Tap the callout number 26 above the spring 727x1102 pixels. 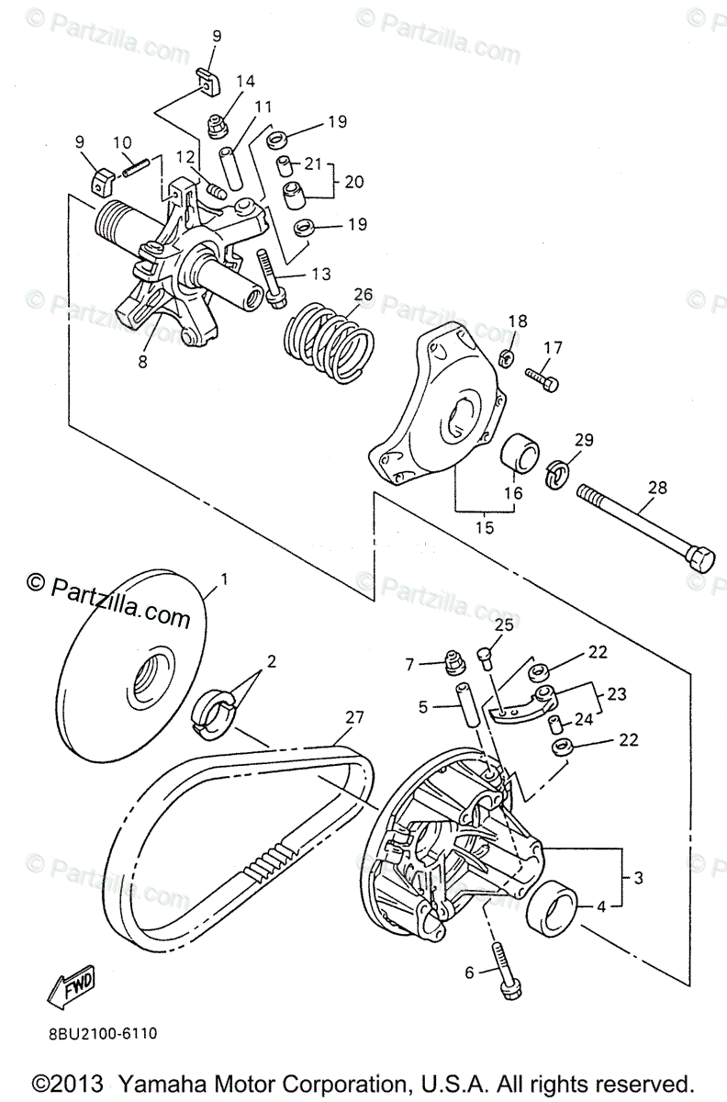click(x=363, y=296)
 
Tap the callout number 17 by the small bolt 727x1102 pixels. click(x=552, y=347)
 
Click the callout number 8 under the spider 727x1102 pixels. click(x=142, y=361)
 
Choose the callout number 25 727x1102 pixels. click(x=502, y=625)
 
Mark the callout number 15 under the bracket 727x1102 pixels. click(x=484, y=527)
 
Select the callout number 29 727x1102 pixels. click(x=585, y=440)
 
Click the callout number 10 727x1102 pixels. click(x=123, y=142)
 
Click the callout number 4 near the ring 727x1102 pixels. click(x=600, y=906)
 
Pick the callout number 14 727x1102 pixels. click(x=244, y=82)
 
